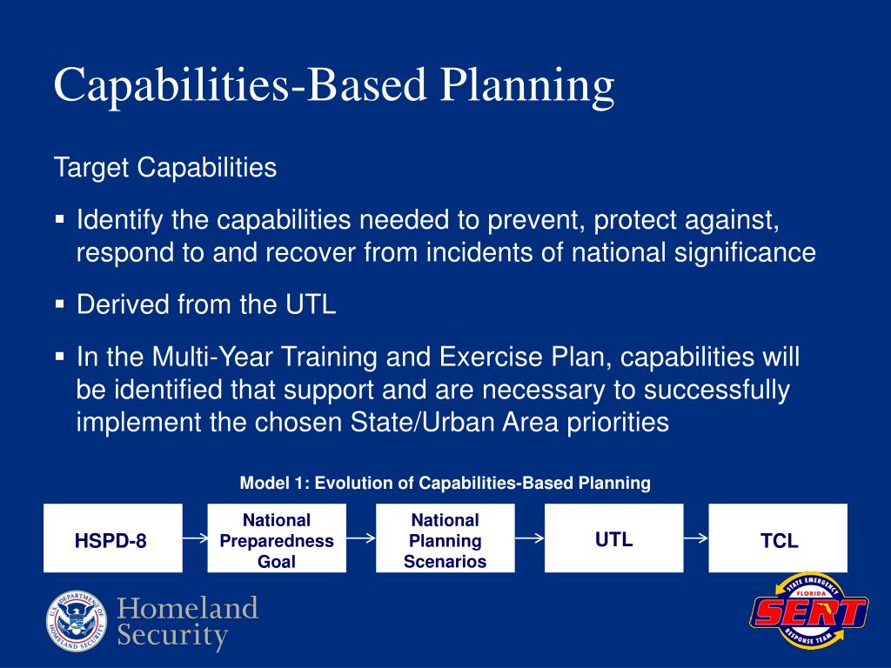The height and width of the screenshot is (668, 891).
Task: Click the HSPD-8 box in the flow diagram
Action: point(113,538)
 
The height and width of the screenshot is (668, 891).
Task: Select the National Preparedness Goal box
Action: point(277,538)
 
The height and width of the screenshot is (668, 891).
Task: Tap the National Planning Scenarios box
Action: point(445,538)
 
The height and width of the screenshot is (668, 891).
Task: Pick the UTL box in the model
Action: point(613,538)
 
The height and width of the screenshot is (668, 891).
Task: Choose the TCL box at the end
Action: point(778,538)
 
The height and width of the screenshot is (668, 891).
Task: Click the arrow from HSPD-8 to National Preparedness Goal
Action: point(195,538)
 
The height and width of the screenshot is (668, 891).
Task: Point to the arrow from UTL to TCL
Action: point(696,538)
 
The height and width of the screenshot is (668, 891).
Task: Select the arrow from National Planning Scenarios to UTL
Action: point(530,538)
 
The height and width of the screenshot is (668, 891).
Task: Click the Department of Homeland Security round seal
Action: point(77,621)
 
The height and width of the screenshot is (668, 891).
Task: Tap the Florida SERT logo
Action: point(808,611)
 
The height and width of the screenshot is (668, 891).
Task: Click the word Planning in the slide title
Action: point(527,86)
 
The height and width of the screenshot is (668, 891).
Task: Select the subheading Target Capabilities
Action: point(165,168)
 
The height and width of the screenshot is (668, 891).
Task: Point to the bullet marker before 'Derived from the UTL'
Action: point(60,304)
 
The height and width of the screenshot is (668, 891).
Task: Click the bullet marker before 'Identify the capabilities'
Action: point(60,219)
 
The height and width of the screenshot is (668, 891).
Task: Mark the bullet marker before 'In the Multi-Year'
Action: point(60,357)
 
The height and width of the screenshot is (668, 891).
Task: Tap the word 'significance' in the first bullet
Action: point(745,253)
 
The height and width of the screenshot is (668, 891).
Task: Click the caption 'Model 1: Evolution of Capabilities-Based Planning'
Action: point(445,484)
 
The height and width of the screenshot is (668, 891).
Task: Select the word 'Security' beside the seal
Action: point(173,636)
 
